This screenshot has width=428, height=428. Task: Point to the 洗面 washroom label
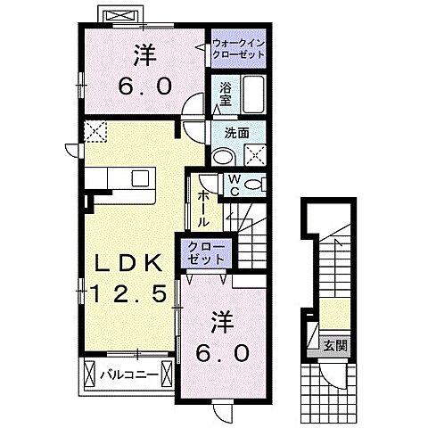(x=236, y=133)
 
